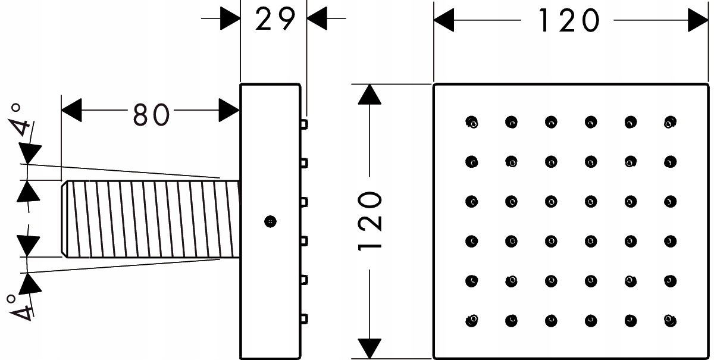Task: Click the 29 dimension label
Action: [275, 20]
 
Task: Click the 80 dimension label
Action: [151, 114]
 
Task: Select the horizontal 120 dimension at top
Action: [568, 21]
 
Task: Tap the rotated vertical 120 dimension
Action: [371, 221]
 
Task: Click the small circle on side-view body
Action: [270, 221]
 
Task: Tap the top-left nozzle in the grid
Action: [472, 122]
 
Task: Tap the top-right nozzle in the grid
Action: [670, 122]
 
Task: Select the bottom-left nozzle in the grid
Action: [472, 320]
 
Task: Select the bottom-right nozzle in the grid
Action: [670, 320]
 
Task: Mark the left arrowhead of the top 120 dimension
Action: [444, 21]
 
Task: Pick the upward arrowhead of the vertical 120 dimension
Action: [371, 95]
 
